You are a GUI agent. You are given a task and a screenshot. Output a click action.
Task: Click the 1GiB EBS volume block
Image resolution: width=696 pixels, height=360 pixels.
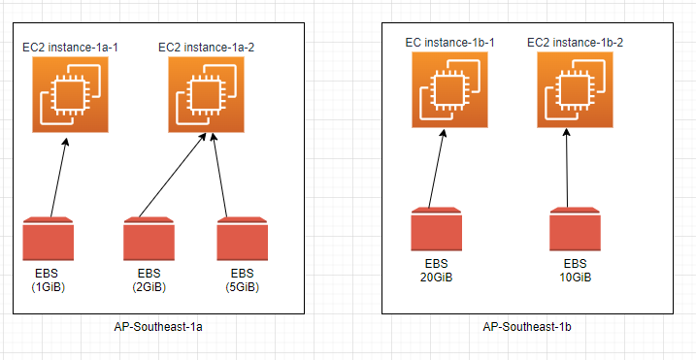click(x=48, y=239)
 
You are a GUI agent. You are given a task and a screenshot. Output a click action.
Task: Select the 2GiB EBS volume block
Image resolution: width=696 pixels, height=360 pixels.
click(x=149, y=239)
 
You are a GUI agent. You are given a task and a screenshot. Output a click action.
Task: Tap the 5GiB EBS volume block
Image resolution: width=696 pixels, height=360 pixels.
click(x=242, y=239)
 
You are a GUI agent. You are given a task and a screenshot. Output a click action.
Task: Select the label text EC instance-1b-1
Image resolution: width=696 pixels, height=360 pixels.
click(x=449, y=42)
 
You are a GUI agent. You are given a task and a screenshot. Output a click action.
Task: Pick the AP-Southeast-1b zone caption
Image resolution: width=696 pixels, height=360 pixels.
click(x=526, y=327)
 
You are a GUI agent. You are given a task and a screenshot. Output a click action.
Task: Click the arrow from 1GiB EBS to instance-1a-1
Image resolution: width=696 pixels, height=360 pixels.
click(x=58, y=178)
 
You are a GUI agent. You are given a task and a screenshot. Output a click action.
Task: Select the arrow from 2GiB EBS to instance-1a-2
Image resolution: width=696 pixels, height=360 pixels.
click(x=173, y=176)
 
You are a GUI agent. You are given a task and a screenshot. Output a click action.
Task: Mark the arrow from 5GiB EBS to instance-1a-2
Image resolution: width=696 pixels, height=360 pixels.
click(x=216, y=176)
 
